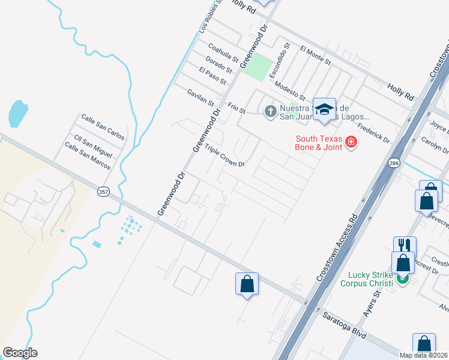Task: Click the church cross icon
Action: pyautogui.click(x=270, y=110)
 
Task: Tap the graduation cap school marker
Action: pyautogui.click(x=324, y=109)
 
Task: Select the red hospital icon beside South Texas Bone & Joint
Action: pyautogui.click(x=350, y=143)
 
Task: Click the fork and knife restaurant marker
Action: pyautogui.click(x=404, y=245)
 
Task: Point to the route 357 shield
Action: pyautogui.click(x=103, y=191)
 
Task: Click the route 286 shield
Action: pyautogui.click(x=394, y=163)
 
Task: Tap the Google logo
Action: pyautogui.click(x=20, y=352)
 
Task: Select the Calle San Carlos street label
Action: pyautogui.click(x=103, y=127)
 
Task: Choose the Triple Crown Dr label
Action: pyautogui.click(x=224, y=156)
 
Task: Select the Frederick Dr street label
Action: pyautogui.click(x=373, y=133)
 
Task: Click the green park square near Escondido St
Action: pyautogui.click(x=256, y=67)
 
